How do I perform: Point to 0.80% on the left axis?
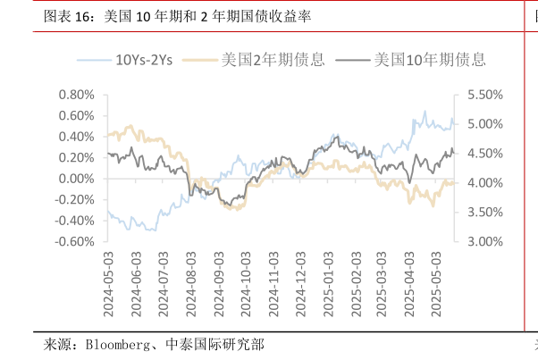(76, 95)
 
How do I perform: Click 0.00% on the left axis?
(76, 179)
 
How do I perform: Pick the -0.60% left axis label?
(74, 241)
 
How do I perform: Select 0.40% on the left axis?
(76, 137)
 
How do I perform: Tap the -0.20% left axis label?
(74, 199)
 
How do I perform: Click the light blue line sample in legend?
(93, 61)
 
